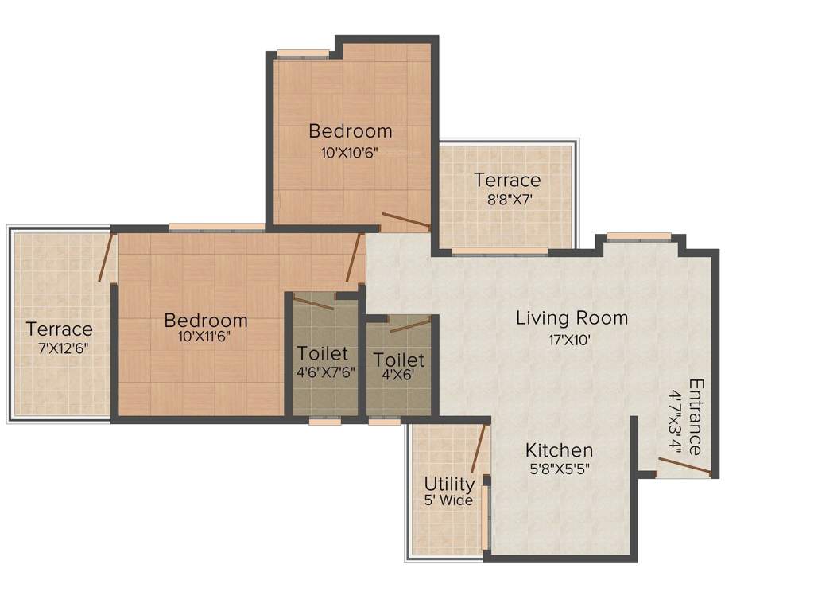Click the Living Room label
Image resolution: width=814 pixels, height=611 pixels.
pyautogui.click(x=572, y=318)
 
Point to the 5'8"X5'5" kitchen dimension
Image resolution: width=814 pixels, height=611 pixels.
pyautogui.click(x=559, y=469)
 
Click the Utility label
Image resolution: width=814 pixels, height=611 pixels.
pyautogui.click(x=449, y=484)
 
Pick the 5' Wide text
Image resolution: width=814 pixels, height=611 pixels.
pyautogui.click(x=448, y=500)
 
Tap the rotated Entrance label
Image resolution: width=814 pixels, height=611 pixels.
pyautogui.click(x=696, y=417)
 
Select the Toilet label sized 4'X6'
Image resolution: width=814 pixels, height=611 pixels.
pyautogui.click(x=399, y=360)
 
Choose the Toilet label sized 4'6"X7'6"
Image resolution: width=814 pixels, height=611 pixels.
pyautogui.click(x=323, y=352)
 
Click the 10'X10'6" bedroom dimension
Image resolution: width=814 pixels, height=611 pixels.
pyautogui.click(x=350, y=152)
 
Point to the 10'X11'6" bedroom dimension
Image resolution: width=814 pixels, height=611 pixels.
pyautogui.click(x=205, y=337)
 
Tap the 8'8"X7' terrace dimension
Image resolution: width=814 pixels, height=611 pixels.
pyautogui.click(x=507, y=200)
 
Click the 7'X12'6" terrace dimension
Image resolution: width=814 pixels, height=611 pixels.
pyautogui.click(x=60, y=348)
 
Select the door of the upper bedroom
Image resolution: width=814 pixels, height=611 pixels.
pyautogui.click(x=406, y=220)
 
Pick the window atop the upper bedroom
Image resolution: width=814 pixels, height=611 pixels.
pyautogui.click(x=303, y=53)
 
